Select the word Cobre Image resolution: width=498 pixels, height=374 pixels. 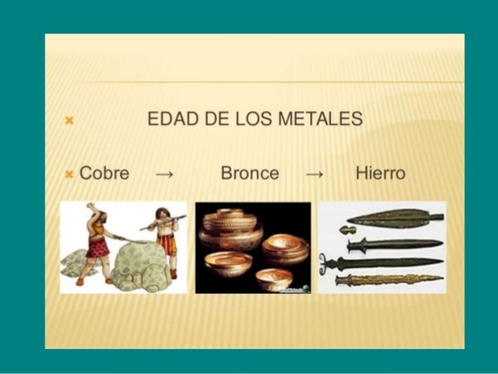(x=104, y=173)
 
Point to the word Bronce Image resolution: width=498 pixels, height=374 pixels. (x=249, y=173)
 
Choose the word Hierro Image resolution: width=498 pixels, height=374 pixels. (x=380, y=173)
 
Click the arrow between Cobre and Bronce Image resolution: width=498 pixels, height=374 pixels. (x=164, y=174)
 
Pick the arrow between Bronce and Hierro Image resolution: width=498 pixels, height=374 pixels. (x=314, y=174)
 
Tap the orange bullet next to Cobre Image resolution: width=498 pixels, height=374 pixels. (x=69, y=173)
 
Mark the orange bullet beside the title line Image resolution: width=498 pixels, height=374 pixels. (x=69, y=121)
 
